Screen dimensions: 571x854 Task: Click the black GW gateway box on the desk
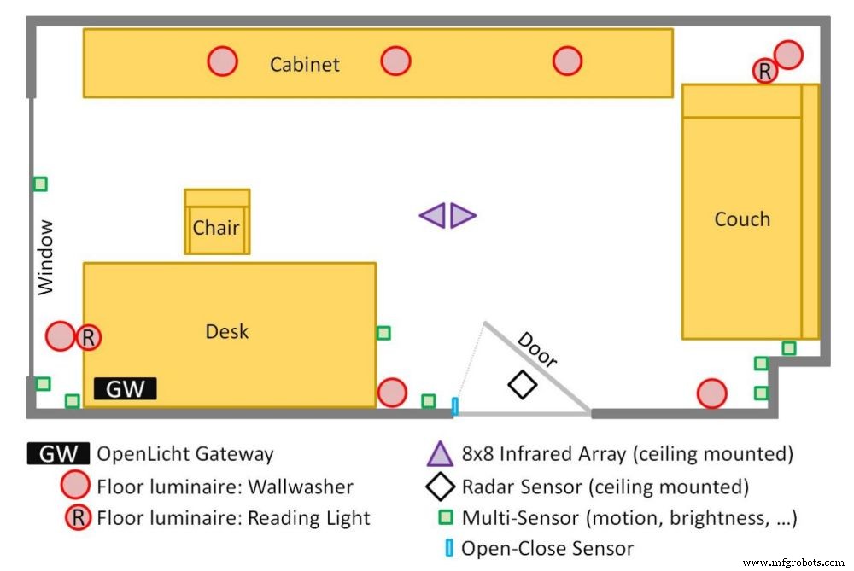[125, 389]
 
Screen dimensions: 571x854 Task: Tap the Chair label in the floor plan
[216, 228]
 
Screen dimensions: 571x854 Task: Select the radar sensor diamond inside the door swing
[523, 385]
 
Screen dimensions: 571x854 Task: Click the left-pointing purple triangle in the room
[434, 216]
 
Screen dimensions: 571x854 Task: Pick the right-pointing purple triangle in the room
[462, 216]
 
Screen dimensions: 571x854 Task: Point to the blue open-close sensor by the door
[454, 406]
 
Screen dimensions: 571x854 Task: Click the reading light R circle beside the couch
[765, 72]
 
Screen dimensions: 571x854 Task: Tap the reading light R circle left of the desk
[88, 337]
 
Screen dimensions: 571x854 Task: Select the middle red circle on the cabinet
[395, 61]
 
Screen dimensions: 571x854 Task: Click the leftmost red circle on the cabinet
[222, 61]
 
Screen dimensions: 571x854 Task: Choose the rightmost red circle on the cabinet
[567, 61]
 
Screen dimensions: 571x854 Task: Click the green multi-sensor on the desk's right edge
[383, 333]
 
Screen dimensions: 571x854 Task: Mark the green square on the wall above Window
[39, 184]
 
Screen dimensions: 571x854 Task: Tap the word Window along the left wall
[45, 257]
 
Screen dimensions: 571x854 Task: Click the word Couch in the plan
[742, 219]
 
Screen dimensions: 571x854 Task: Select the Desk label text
[227, 331]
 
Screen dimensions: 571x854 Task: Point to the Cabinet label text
[305, 64]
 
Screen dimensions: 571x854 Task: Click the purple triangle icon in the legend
[440, 454]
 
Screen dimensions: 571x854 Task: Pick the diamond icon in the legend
[440, 487]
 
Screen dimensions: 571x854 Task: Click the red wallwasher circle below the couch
[711, 393]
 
